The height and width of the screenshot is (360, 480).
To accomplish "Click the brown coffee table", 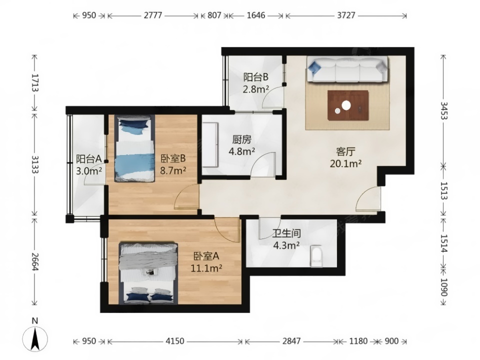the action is tap(348, 105).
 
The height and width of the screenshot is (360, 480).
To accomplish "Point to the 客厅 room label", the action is tap(345, 152).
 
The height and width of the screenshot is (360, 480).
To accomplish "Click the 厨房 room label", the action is tap(242, 140).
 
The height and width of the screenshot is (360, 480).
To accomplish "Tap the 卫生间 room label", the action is tap(286, 234).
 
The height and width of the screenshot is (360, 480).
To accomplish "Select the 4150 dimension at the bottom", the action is tap(175, 341).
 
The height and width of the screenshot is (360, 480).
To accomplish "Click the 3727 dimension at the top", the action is tap(346, 15).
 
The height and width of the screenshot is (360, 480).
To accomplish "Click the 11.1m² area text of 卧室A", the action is tap(206, 268).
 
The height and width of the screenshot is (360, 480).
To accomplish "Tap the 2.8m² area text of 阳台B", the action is tap(256, 89).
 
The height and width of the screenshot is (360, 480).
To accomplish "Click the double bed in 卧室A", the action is tap(148, 273).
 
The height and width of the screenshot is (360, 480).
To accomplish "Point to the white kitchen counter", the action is tap(210, 145).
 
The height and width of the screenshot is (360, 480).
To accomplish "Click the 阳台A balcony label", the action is tap(89, 159).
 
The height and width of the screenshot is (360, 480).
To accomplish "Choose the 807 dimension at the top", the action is tap(214, 15).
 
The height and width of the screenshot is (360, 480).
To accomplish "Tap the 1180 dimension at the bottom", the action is tap(358, 341).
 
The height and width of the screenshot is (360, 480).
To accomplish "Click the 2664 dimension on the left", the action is tap(34, 261).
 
